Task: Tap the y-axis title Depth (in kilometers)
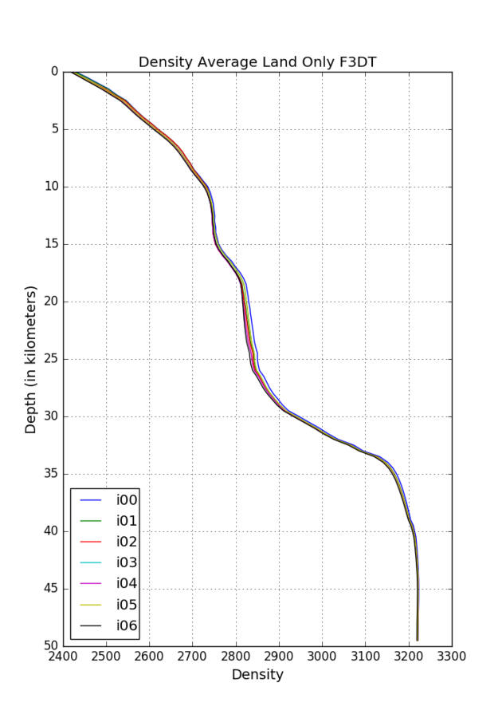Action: tap(31, 359)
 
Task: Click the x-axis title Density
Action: tap(257, 674)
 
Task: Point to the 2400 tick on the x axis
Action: tap(63, 656)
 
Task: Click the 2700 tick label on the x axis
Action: tap(192, 656)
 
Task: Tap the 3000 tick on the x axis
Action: tap(322, 656)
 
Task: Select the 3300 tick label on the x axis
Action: tap(452, 656)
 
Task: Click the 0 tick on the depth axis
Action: tap(54, 72)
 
